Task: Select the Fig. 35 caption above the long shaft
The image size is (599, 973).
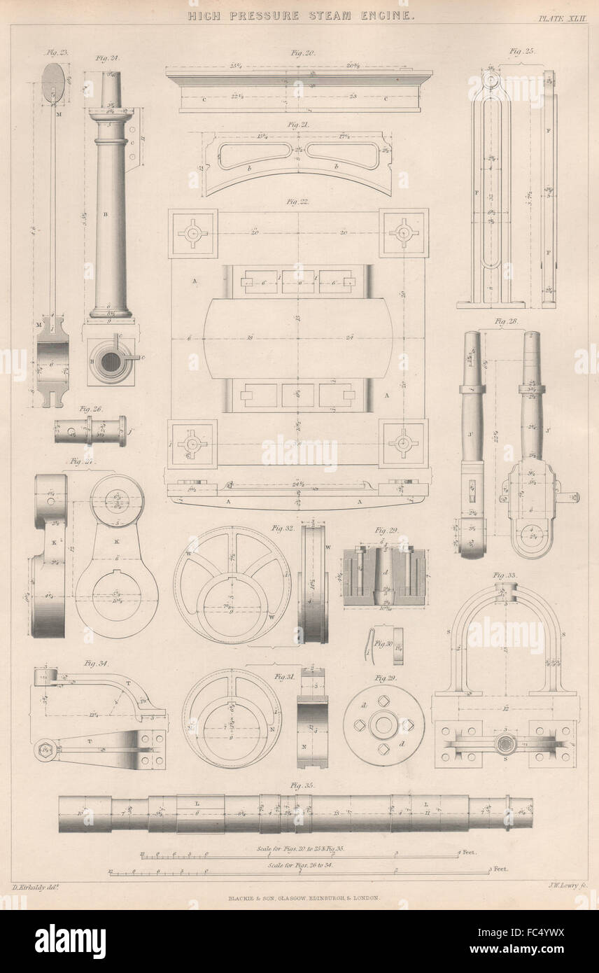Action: (301, 785)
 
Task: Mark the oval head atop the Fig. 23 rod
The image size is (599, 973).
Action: (53, 81)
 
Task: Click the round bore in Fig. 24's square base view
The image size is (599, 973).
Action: (111, 361)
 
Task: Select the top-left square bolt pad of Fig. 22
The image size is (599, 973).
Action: (192, 233)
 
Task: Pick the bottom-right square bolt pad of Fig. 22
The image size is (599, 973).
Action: (403, 443)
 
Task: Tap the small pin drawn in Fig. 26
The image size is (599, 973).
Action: (90, 430)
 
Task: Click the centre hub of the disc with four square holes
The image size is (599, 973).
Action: (383, 724)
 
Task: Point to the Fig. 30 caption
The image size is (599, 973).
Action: (383, 643)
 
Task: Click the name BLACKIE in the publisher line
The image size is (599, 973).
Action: (237, 899)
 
